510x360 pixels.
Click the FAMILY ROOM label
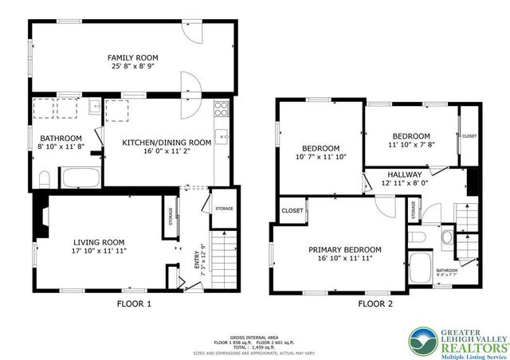[134, 57]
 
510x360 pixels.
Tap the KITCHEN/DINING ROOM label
[166, 142]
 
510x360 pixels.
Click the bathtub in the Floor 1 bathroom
[80, 177]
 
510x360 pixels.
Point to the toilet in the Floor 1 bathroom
[44, 178]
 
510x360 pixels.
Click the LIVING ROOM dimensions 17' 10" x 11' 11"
[99, 252]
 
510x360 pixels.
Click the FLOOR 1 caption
[133, 303]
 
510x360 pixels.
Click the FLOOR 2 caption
[375, 303]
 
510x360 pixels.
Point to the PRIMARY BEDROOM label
[344, 249]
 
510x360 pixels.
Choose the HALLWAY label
[404, 174]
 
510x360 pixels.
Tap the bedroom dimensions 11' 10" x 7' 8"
[410, 145]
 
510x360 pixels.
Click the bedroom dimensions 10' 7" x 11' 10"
[320, 157]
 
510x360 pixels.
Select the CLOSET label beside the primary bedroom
[292, 210]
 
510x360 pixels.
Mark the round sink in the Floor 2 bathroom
[445, 237]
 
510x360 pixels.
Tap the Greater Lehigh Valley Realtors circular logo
[422, 340]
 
